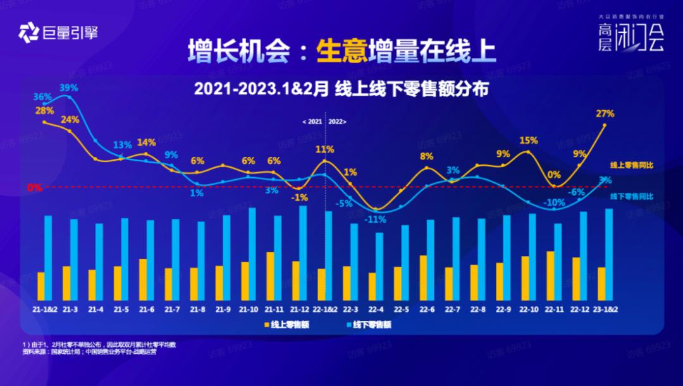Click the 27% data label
coord(605,113)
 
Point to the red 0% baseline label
coord(34,187)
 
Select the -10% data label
coord(554,202)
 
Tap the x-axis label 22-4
coord(376,309)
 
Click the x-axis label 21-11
coord(274,309)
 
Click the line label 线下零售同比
coord(631,196)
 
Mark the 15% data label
coord(529,140)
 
